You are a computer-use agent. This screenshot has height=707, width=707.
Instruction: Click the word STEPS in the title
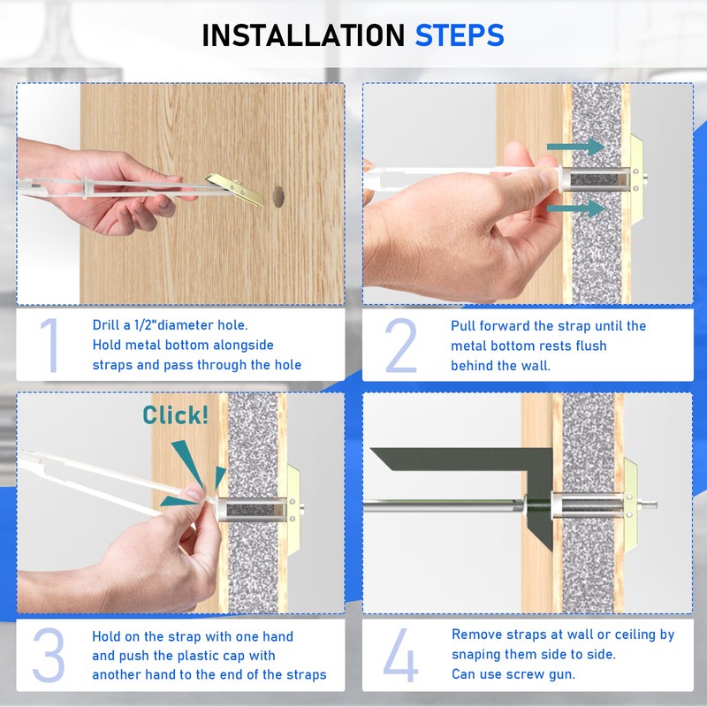pyautogui.click(x=460, y=35)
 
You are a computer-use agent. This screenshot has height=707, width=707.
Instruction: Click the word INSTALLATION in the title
pyautogui.click(x=303, y=35)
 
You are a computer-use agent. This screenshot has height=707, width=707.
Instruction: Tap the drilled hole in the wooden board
pyautogui.click(x=278, y=196)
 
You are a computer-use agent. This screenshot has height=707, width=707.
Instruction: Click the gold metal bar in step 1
pyautogui.click(x=234, y=189)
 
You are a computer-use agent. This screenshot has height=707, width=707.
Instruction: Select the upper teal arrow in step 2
pyautogui.click(x=576, y=147)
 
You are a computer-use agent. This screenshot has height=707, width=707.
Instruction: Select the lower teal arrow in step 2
pyautogui.click(x=576, y=208)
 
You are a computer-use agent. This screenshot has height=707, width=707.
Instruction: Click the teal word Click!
pyautogui.click(x=175, y=414)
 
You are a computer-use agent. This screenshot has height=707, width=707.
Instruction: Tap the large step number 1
pyautogui.click(x=50, y=346)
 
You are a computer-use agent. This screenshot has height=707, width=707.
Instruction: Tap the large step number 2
pyautogui.click(x=400, y=346)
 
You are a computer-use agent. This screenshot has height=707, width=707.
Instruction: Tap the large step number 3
pyautogui.click(x=49, y=655)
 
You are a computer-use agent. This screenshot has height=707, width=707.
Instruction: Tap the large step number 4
pyautogui.click(x=400, y=655)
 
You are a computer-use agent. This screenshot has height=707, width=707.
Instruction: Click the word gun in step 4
pyautogui.click(x=562, y=675)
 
